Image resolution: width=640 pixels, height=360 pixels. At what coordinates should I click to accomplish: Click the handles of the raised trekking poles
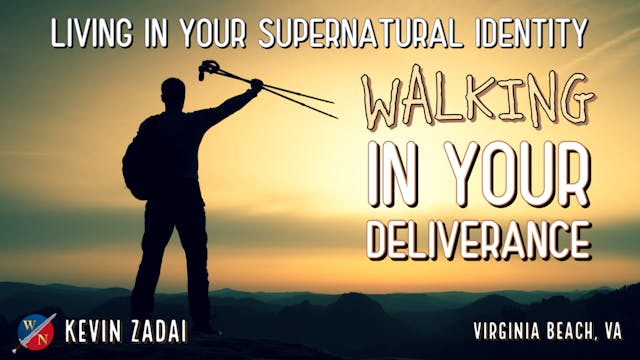pos(210,69)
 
